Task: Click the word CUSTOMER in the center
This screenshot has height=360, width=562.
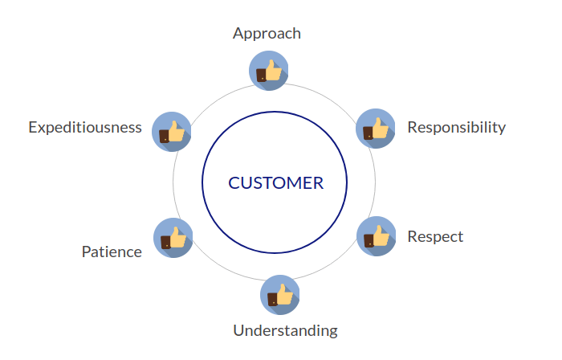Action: [x=275, y=183]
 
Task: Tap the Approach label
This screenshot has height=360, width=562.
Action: [x=267, y=33]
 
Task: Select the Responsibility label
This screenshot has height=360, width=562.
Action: [x=456, y=127]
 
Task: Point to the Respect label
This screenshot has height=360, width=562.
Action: [x=435, y=236]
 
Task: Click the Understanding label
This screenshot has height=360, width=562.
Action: [x=285, y=330]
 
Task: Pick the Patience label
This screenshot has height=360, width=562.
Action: [x=112, y=252]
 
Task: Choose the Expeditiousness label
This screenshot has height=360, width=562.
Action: [x=85, y=127]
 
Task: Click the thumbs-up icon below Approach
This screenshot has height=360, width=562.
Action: [x=269, y=71]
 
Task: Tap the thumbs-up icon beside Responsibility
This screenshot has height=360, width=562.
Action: [x=376, y=129]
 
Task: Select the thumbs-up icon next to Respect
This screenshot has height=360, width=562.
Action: [x=376, y=236]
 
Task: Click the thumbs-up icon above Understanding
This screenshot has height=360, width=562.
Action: [x=279, y=295]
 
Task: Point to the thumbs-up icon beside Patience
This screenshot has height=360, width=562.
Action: [x=173, y=238]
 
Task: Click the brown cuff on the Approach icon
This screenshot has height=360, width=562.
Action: [x=261, y=76]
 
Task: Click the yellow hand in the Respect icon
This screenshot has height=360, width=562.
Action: [x=381, y=235]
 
